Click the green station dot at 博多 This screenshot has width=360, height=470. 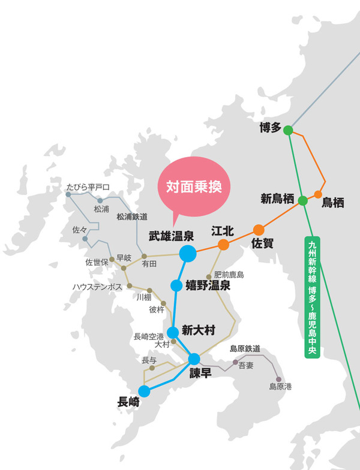coord(288,130)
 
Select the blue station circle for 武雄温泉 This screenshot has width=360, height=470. coord(188,254)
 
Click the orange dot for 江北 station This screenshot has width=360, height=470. coord(223,244)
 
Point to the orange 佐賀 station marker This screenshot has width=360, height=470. coord(259,230)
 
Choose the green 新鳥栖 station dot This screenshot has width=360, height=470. coord(303,201)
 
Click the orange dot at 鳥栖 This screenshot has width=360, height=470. coord(319,194)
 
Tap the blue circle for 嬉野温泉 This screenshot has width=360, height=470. coord(176,285)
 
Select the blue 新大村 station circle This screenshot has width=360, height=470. coord(172,332)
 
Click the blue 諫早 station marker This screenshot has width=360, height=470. coord(194,359)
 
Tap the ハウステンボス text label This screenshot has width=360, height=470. coord(98,287)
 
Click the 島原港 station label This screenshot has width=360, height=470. coord(280,387)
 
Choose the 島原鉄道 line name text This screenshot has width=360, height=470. coord(245,348)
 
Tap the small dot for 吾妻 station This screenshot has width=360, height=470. coord(235,363)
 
